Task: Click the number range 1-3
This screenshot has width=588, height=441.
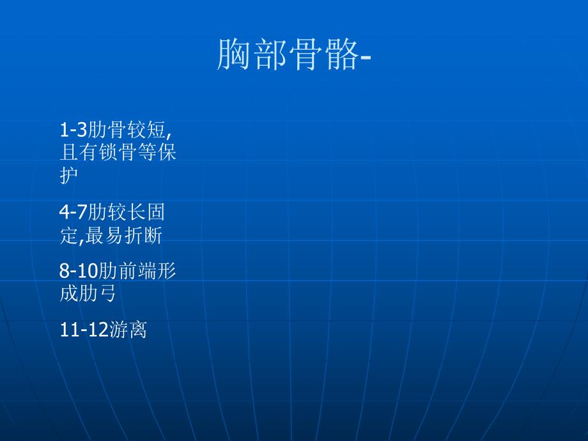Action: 72,130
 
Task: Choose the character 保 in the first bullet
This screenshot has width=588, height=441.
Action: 167,153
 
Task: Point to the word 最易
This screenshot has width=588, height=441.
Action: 109,236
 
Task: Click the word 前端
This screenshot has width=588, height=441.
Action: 135,271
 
